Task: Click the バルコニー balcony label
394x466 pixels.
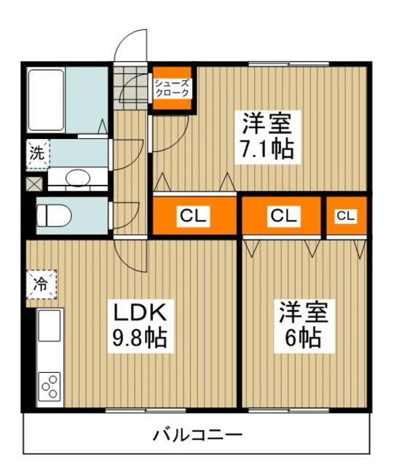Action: (197, 436)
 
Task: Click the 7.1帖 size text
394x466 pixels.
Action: (267, 149)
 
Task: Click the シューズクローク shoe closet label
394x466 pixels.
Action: (172, 88)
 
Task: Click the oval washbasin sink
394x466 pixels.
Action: (76, 177)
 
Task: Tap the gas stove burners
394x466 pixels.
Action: (50, 387)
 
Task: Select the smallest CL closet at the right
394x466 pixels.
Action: (346, 216)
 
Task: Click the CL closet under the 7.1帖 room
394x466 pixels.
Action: (194, 216)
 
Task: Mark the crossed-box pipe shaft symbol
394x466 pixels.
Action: (34, 183)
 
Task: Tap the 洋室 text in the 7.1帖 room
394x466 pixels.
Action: (267, 122)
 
